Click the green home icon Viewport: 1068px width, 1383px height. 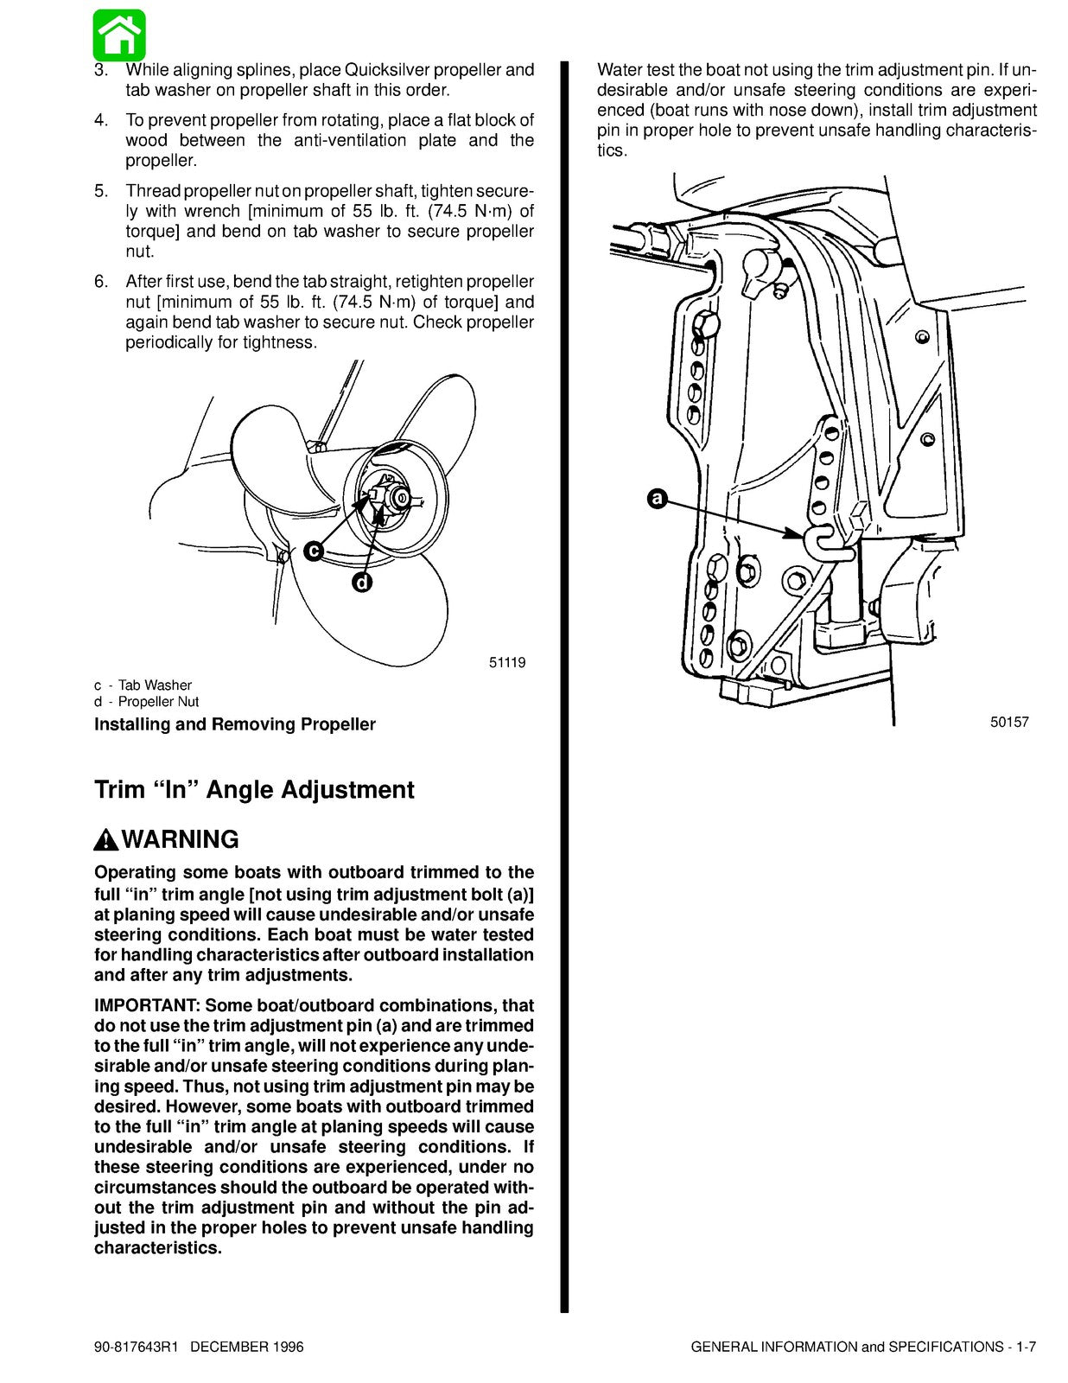(120, 35)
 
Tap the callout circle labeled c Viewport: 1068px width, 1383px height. (314, 551)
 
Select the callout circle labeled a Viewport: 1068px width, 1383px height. (658, 499)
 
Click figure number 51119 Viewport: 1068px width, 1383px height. (507, 663)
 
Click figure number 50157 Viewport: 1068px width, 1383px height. (1009, 722)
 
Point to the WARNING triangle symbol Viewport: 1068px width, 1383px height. (105, 839)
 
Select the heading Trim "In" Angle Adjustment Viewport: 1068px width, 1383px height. (254, 790)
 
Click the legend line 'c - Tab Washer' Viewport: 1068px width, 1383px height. (143, 685)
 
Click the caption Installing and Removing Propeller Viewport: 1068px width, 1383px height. (234, 724)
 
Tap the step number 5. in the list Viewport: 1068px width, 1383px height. (101, 190)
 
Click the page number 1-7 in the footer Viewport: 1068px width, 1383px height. (1026, 1347)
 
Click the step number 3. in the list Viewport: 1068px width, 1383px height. (101, 69)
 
